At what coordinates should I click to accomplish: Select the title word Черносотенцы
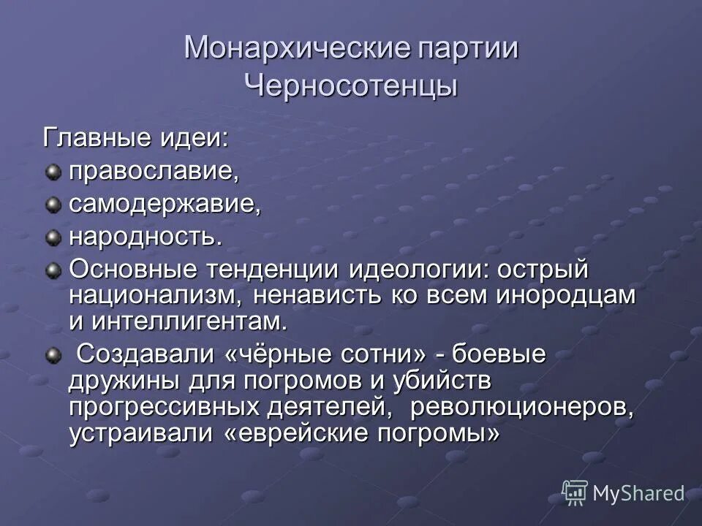(351, 85)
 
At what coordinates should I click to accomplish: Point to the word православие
(154, 172)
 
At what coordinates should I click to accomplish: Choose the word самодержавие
(165, 205)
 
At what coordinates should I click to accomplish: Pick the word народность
(145, 237)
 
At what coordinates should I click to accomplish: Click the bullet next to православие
(53, 172)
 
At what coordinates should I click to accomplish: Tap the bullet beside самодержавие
(53, 205)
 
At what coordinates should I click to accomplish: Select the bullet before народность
(53, 237)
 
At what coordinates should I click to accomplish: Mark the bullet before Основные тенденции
(53, 270)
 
